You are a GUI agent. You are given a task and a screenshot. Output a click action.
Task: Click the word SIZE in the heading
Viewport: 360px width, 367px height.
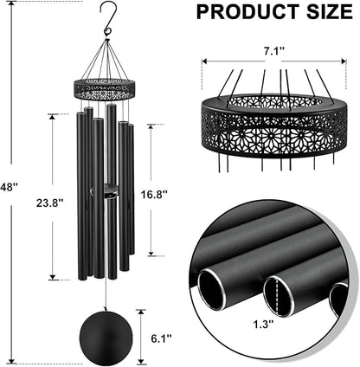[325, 12]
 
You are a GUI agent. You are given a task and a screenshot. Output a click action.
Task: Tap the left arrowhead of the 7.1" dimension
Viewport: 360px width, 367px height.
[204, 61]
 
